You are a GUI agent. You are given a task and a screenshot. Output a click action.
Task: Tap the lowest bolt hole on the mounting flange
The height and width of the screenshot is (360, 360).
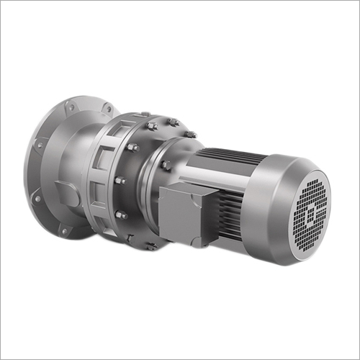[63, 232]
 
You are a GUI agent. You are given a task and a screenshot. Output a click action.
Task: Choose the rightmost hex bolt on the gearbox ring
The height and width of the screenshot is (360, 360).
[192, 135]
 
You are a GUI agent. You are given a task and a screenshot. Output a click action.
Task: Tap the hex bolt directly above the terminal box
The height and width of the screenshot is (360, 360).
[166, 165]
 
